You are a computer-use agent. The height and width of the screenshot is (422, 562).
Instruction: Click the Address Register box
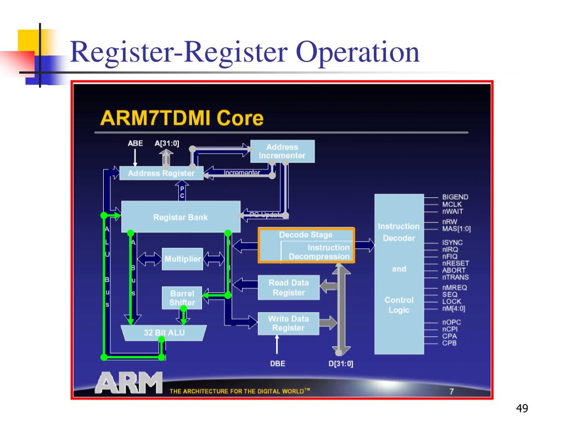161,173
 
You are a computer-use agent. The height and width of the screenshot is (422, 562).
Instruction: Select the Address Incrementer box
282,151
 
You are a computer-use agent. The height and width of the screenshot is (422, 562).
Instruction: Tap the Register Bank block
181,217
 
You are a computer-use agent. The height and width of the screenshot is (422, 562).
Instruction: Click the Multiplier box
182,259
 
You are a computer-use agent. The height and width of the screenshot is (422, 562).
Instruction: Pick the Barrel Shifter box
182,298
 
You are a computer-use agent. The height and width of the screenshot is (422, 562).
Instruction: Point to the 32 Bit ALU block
164,332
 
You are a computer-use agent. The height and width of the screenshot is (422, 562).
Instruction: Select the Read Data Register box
288,287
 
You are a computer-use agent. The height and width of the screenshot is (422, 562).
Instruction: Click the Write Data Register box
288,323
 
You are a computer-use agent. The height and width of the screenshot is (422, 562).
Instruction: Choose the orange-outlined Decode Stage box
306,245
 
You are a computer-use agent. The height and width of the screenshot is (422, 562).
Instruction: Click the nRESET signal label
456,263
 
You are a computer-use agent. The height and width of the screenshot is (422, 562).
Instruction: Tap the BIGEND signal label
456,197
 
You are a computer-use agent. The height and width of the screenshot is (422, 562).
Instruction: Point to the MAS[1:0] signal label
457,229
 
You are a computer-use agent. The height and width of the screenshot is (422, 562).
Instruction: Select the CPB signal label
449,343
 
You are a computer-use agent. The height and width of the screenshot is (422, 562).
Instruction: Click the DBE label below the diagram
278,363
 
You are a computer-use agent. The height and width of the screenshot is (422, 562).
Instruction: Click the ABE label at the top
135,143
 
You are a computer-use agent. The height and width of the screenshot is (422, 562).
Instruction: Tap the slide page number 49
521,408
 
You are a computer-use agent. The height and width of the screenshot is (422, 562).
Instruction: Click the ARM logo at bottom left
128,382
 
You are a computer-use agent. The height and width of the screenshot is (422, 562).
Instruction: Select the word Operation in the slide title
358,53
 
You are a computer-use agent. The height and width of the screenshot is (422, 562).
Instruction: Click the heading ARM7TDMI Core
182,118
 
